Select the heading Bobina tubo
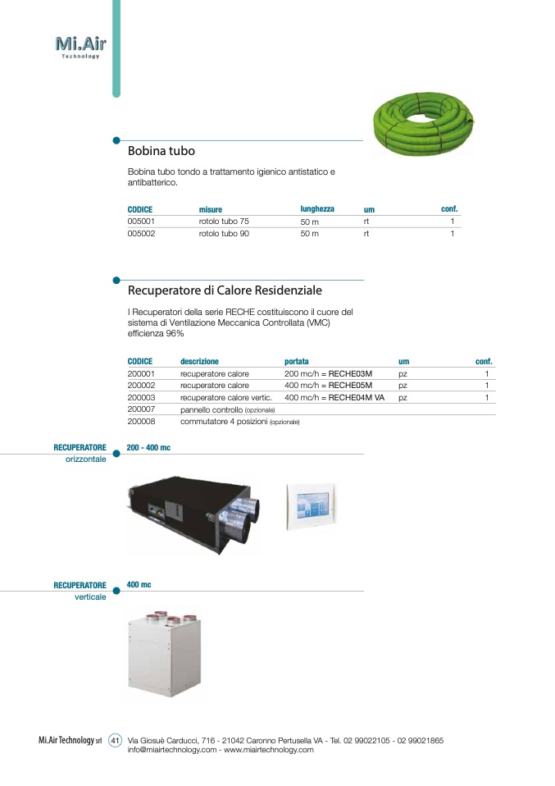[161, 152]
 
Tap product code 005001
[141, 222]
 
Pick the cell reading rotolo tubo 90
[224, 234]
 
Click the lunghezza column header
[317, 209]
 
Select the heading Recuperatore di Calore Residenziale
[225, 290]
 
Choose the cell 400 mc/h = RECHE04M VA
[334, 397]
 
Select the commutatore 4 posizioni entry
[239, 421]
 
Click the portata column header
[297, 362]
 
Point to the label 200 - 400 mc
[148, 448]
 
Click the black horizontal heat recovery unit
[194, 508]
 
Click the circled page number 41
[116, 741]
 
